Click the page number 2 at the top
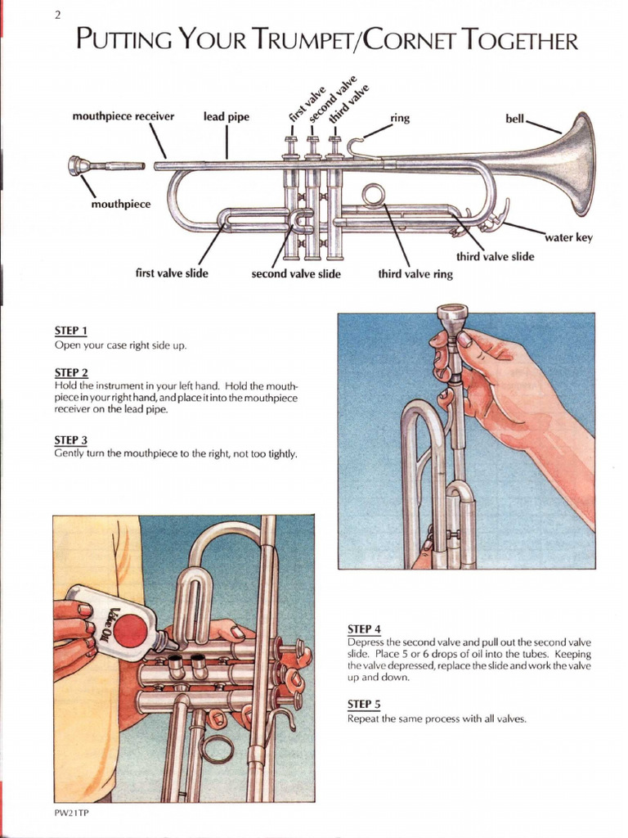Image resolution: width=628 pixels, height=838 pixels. click(x=57, y=14)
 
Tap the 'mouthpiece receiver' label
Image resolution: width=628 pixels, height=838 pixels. click(x=123, y=117)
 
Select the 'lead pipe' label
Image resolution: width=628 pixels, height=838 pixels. click(x=227, y=117)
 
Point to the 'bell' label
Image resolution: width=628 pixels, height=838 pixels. click(x=515, y=119)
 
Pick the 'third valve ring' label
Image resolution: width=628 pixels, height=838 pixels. click(x=415, y=274)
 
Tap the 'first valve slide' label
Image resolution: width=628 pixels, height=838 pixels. click(x=172, y=273)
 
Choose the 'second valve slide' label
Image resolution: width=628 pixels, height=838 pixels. click(x=296, y=274)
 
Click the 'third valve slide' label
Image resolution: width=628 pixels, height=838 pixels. click(x=495, y=256)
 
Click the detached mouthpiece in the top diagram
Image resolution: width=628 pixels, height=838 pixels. click(x=90, y=166)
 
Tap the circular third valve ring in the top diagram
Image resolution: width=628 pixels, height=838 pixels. click(x=373, y=196)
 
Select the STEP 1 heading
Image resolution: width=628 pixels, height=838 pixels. click(x=71, y=331)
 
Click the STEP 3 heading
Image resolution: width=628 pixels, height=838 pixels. click(x=71, y=439)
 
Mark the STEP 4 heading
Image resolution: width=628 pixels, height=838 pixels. click(x=364, y=628)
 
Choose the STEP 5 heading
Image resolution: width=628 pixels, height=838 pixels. click(x=364, y=705)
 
